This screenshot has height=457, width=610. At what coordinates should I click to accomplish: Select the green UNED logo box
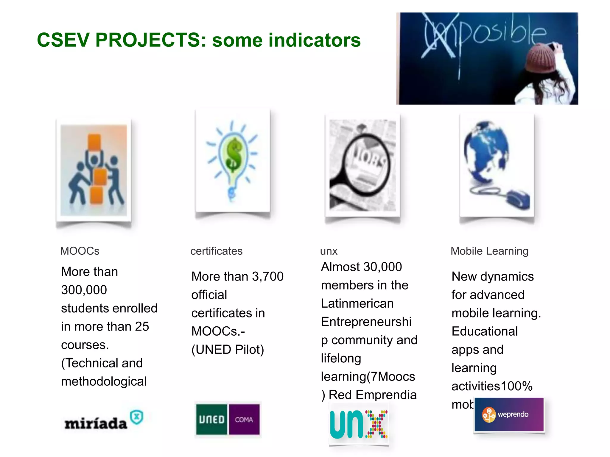coord(212,420)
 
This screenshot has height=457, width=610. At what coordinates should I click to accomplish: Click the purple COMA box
coord(244,420)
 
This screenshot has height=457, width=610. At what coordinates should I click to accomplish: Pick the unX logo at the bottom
coord(359,424)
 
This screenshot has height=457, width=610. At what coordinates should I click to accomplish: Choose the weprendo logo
coord(509,414)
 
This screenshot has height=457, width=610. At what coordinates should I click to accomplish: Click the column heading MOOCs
coord(80,251)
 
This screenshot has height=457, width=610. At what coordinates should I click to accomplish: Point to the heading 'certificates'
coord(216,251)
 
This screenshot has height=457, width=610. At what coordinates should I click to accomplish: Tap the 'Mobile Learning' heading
coord(489,251)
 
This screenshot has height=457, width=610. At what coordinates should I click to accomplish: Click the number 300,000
coord(84,290)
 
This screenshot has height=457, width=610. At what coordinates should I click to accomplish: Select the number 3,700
coord(268,277)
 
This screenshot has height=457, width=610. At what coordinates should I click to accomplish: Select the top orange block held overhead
coord(94,143)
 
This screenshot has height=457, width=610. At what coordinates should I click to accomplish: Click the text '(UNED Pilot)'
coord(228,350)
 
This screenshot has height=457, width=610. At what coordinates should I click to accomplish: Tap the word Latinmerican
coord(357,303)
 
